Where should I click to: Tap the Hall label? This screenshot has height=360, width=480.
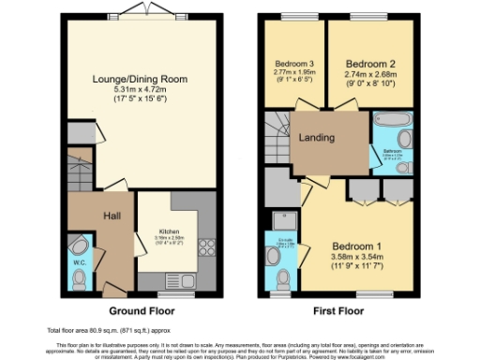(x=112, y=217)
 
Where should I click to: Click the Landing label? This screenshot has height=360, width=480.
(x=317, y=138)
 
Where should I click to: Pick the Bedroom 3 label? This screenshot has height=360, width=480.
(x=292, y=63)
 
